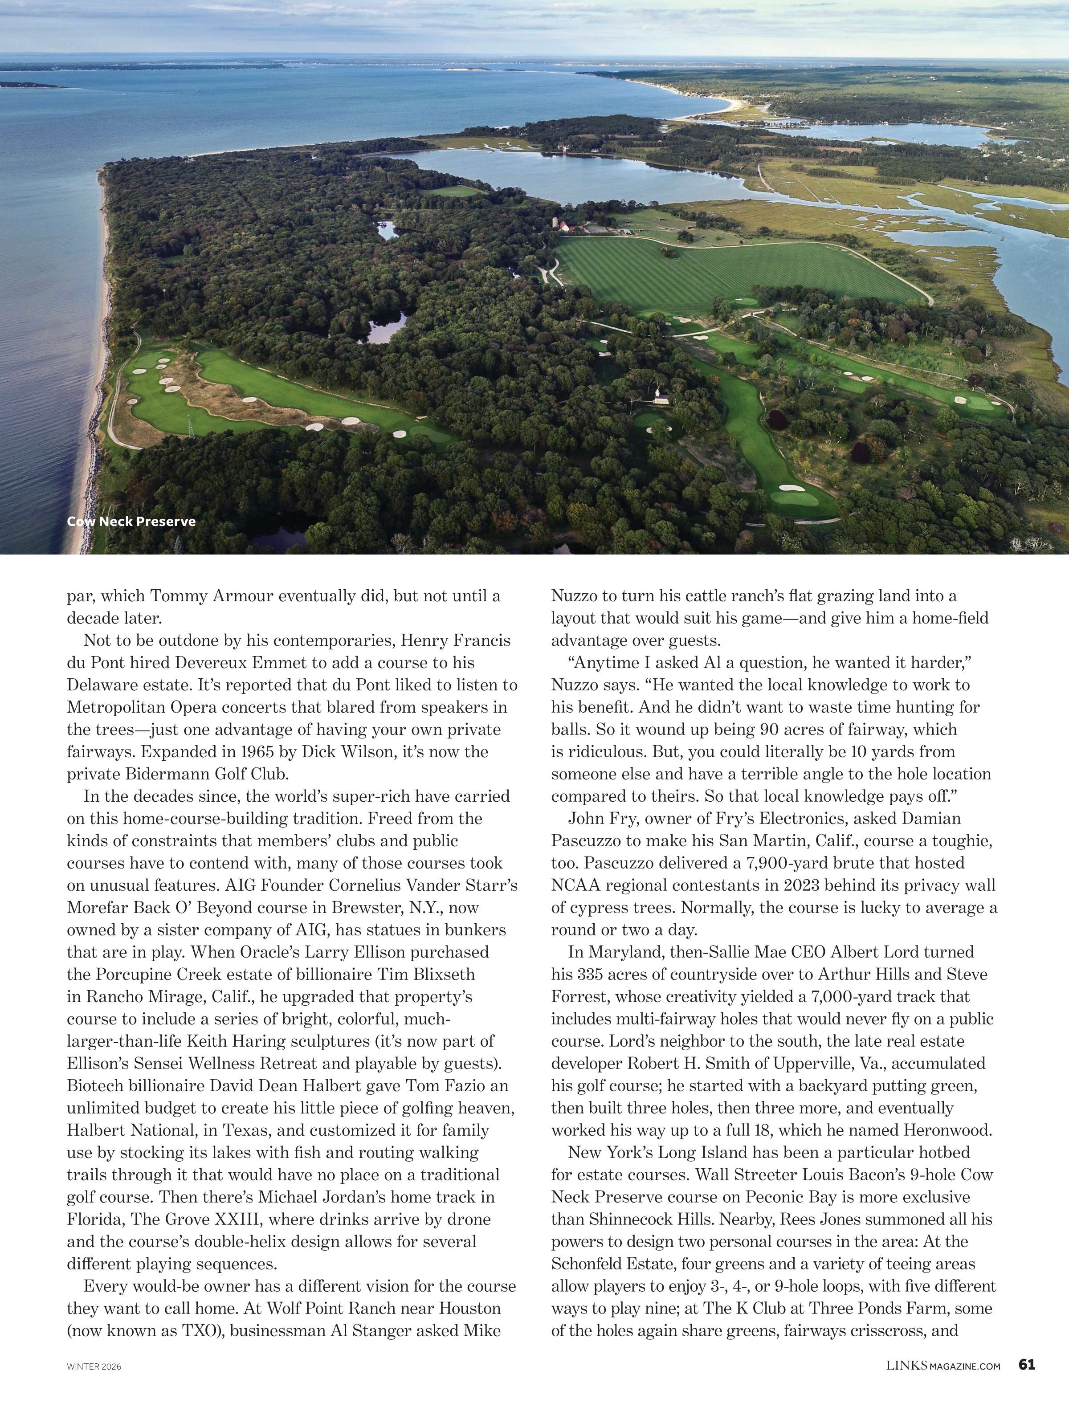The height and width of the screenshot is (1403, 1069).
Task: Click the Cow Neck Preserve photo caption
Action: (131, 522)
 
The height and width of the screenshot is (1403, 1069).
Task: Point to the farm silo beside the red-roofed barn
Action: (555, 223)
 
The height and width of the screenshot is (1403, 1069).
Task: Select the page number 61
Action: (1026, 1365)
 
